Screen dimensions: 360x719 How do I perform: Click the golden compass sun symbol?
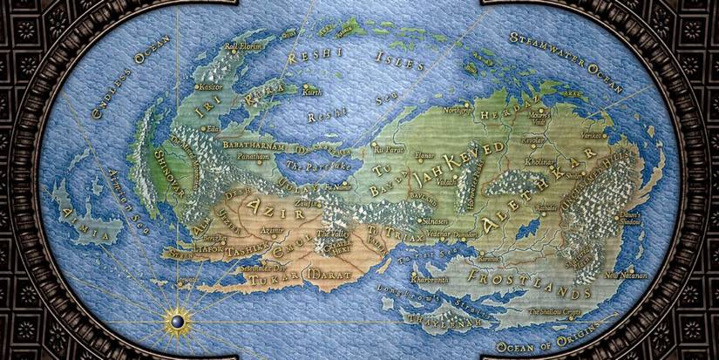point(177,323)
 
